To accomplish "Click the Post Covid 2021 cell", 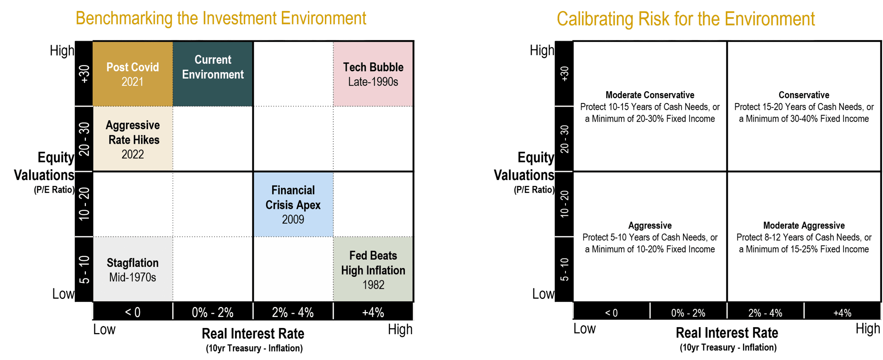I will coord(132,74).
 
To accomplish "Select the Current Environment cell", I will coord(213,74).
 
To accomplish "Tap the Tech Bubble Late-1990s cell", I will coord(373,74).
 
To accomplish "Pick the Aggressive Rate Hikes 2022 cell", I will coord(132,139).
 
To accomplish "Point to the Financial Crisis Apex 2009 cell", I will coord(293,204).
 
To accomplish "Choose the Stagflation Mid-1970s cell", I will coord(132,269).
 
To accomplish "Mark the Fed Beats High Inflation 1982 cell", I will coord(373,269).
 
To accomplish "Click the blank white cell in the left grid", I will coord(293,269).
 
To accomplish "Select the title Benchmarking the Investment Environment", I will coord(221,19).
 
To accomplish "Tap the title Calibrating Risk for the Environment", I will coord(686,19).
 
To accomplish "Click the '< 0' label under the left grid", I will coord(132,312).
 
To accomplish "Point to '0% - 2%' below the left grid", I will coord(212,312).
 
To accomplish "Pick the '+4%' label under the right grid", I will coord(842,313).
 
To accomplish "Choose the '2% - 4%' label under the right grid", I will coord(765,313).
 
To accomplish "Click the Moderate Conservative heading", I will coord(650,95).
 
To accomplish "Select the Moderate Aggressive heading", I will coord(804,226).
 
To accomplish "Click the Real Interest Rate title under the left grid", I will coord(253,333).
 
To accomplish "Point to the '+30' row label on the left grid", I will coord(84,74).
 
